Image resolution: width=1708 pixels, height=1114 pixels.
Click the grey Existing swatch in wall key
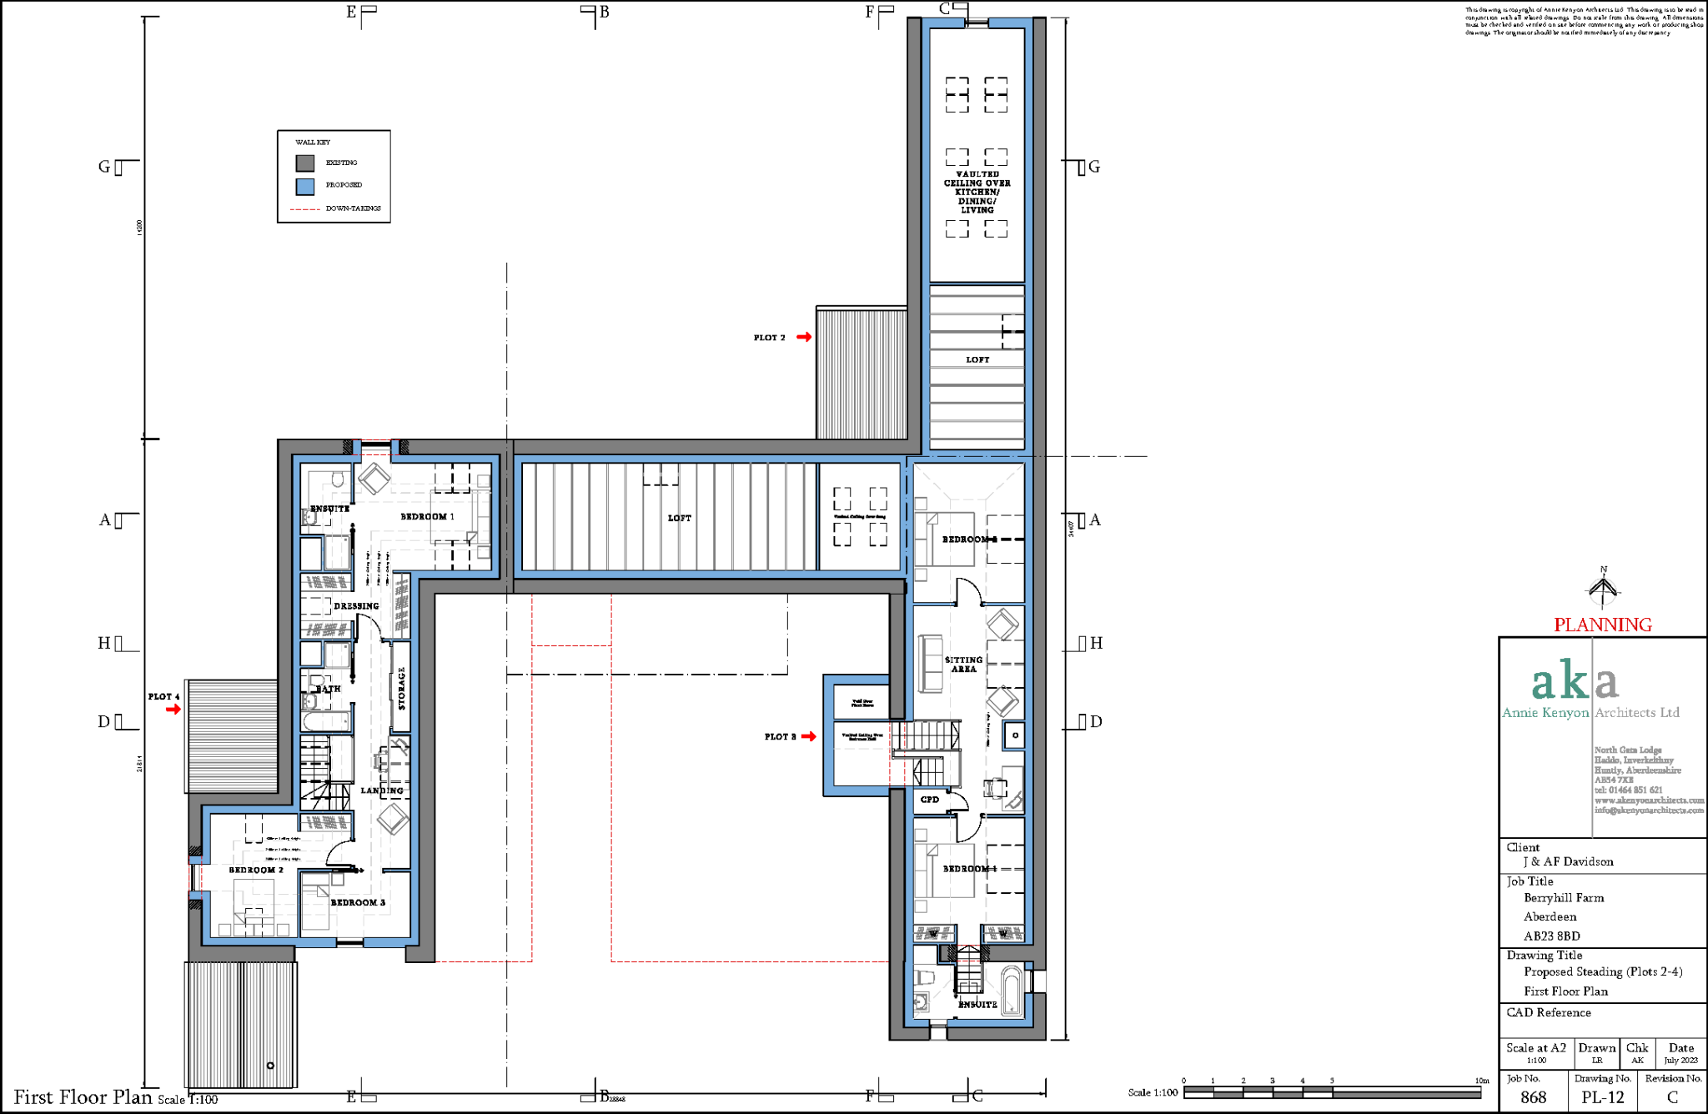305,163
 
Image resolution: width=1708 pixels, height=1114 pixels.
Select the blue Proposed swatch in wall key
305,186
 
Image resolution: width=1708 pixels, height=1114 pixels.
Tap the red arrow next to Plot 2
804,337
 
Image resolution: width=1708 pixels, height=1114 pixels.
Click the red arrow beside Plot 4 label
173,710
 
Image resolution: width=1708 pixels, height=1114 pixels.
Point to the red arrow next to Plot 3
809,736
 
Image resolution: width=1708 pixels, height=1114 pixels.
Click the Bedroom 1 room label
427,517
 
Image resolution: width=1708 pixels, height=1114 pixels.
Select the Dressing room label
356,606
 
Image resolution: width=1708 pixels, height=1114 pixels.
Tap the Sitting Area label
963,664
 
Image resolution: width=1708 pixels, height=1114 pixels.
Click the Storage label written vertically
401,688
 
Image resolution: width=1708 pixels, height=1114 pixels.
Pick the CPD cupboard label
929,800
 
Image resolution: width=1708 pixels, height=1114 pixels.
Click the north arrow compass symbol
1602,589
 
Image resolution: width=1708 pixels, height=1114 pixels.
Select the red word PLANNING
1602,625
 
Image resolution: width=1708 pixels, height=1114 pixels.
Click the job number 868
1533,1097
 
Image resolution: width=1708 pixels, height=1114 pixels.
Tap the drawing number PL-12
1602,1097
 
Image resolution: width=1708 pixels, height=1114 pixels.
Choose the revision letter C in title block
1672,1097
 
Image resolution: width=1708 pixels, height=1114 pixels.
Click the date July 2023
1680,1061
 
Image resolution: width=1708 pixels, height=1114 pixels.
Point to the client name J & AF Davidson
1568,862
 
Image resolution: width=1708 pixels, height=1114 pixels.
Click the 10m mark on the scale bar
1481,1081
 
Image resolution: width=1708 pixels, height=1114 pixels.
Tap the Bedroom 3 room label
358,902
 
